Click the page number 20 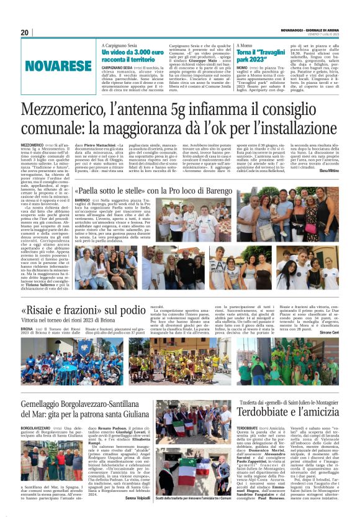tap(24, 32)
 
